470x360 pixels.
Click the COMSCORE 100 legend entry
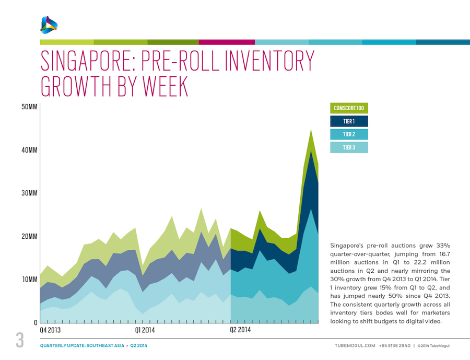349,108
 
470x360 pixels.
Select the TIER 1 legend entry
349,121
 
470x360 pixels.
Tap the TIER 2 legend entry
349,134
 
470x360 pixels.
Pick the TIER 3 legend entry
349,147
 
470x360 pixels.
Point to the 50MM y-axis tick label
29,107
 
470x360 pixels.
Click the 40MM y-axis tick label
29,150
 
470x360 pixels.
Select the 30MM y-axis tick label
29,193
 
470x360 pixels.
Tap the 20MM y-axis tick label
29,237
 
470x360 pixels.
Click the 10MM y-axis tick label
29,280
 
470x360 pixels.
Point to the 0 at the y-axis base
36,322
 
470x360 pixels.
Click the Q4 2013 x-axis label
50,330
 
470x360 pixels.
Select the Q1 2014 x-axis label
145,330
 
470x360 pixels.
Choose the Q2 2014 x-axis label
241,330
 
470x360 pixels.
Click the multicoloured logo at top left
49,24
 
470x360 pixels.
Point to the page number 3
20,341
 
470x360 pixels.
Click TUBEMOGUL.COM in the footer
355,346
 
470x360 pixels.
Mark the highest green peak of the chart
311,130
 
